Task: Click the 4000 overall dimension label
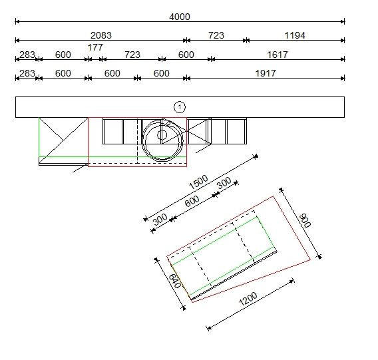[180, 17]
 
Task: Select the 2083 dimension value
[100, 35]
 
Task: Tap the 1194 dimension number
[294, 35]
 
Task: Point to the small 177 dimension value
[95, 47]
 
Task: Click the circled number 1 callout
[179, 106]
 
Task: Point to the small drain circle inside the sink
[162, 134]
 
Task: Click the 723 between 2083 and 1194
[216, 35]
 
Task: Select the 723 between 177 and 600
[132, 55]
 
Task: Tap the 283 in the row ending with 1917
[27, 73]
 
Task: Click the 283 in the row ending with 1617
[27, 55]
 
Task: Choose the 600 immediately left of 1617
[186, 55]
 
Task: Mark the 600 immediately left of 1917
[162, 73]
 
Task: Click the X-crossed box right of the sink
[198, 131]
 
